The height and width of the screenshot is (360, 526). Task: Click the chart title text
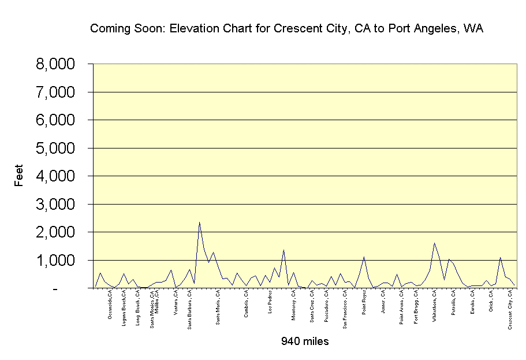tap(286, 28)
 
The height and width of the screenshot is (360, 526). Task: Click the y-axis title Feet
tap(20, 176)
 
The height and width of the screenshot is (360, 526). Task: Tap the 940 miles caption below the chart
tap(305, 342)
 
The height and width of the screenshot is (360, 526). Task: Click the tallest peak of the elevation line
tap(199, 222)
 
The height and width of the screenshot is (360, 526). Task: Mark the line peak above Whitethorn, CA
tap(434, 243)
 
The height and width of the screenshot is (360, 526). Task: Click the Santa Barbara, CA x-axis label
tap(190, 310)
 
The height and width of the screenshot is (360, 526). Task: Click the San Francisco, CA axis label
tap(345, 310)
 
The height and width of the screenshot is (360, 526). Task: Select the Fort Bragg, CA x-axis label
tap(416, 306)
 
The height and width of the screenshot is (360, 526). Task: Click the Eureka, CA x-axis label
tap(472, 303)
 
